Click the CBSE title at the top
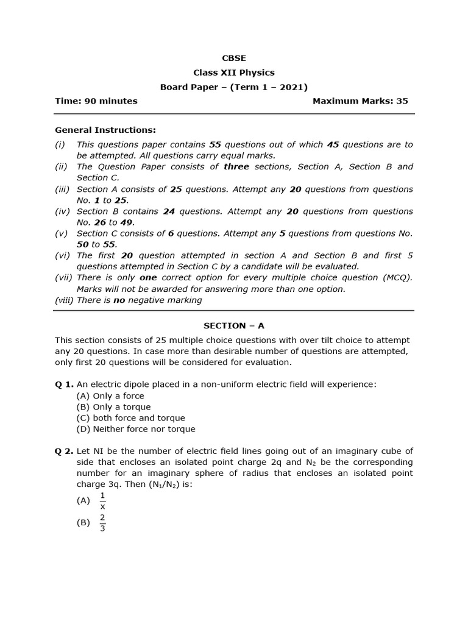click(x=234, y=58)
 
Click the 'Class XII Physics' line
click(x=234, y=73)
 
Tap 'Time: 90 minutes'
click(x=96, y=101)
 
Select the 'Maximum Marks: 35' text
click(x=360, y=101)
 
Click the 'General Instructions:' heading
click(x=105, y=130)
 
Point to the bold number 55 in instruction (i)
click(x=215, y=145)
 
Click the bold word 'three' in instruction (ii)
click(x=236, y=167)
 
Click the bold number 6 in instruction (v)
click(x=171, y=233)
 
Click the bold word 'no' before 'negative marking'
click(x=119, y=300)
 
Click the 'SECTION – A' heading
click(x=234, y=326)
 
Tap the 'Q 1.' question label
click(x=64, y=385)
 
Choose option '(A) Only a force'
click(x=110, y=396)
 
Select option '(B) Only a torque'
click(x=113, y=407)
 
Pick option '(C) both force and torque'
click(x=130, y=418)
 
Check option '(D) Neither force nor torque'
click(x=136, y=429)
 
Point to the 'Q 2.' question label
click(x=64, y=452)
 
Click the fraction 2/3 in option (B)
click(x=102, y=523)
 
